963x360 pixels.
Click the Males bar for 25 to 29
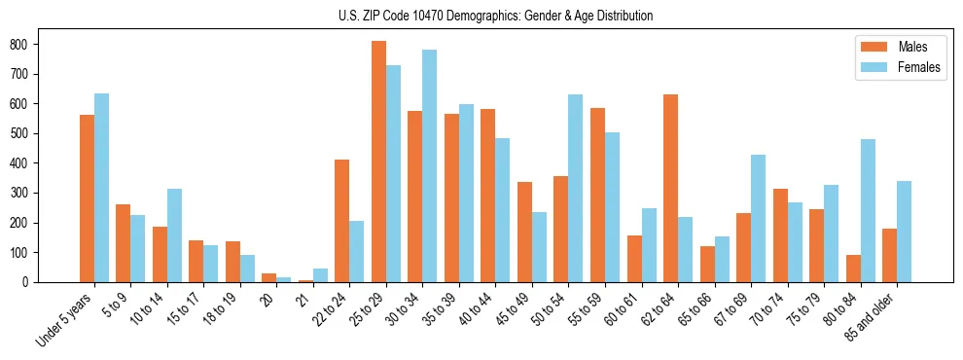(x=378, y=162)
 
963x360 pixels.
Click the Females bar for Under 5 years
(x=101, y=188)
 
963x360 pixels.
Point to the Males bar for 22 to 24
(x=341, y=221)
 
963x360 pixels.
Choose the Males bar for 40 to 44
(x=487, y=196)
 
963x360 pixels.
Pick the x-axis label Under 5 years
(x=66, y=319)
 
